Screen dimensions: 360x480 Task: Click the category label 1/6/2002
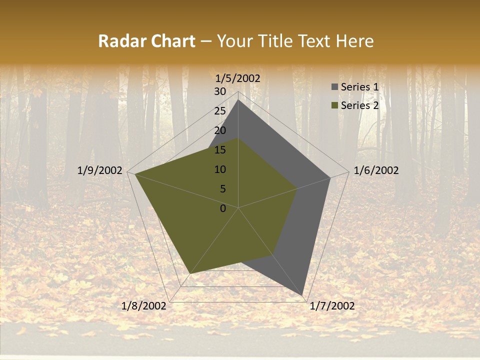click(376, 170)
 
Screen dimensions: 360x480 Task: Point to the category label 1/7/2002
click(332, 306)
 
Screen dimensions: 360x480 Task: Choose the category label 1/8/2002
click(144, 306)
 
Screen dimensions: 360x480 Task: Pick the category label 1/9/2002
click(100, 170)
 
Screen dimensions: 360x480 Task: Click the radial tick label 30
click(220, 91)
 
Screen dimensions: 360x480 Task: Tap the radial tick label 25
click(220, 111)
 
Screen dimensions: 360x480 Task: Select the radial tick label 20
click(220, 130)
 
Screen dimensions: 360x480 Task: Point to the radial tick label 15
click(220, 150)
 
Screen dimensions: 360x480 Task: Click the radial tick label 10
click(220, 169)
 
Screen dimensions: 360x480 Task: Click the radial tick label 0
click(223, 208)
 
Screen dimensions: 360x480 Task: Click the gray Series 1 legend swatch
click(334, 87)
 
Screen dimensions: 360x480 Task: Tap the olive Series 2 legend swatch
click(334, 105)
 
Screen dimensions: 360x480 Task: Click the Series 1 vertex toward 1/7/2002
click(302, 295)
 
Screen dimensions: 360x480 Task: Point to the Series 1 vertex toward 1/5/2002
click(238, 99)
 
